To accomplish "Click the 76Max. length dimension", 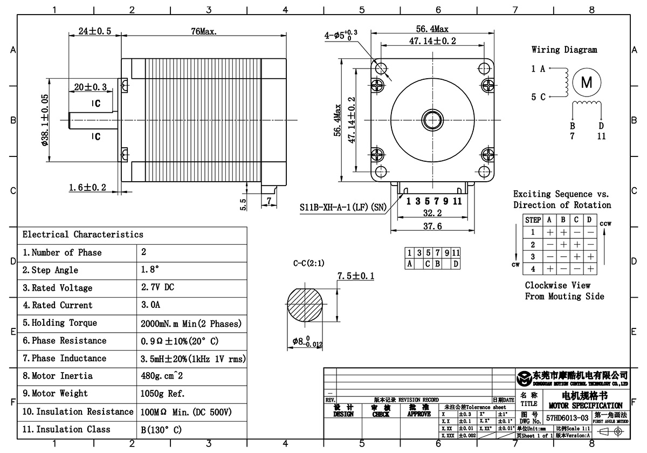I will (204, 32).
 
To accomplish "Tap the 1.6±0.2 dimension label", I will (87, 188).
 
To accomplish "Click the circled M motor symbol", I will (586, 83).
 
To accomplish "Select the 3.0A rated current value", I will (150, 305).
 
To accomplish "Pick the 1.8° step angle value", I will (150, 270).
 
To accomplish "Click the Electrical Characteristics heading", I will (83, 235).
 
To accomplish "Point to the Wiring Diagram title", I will (564, 50).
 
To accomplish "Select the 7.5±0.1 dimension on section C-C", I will (356, 277).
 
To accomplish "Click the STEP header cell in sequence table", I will (533, 220).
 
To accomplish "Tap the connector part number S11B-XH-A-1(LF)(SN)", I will (342, 207).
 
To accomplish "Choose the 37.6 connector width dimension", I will (432, 226).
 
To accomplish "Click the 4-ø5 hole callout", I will (341, 36).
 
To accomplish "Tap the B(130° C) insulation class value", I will (161, 430).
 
